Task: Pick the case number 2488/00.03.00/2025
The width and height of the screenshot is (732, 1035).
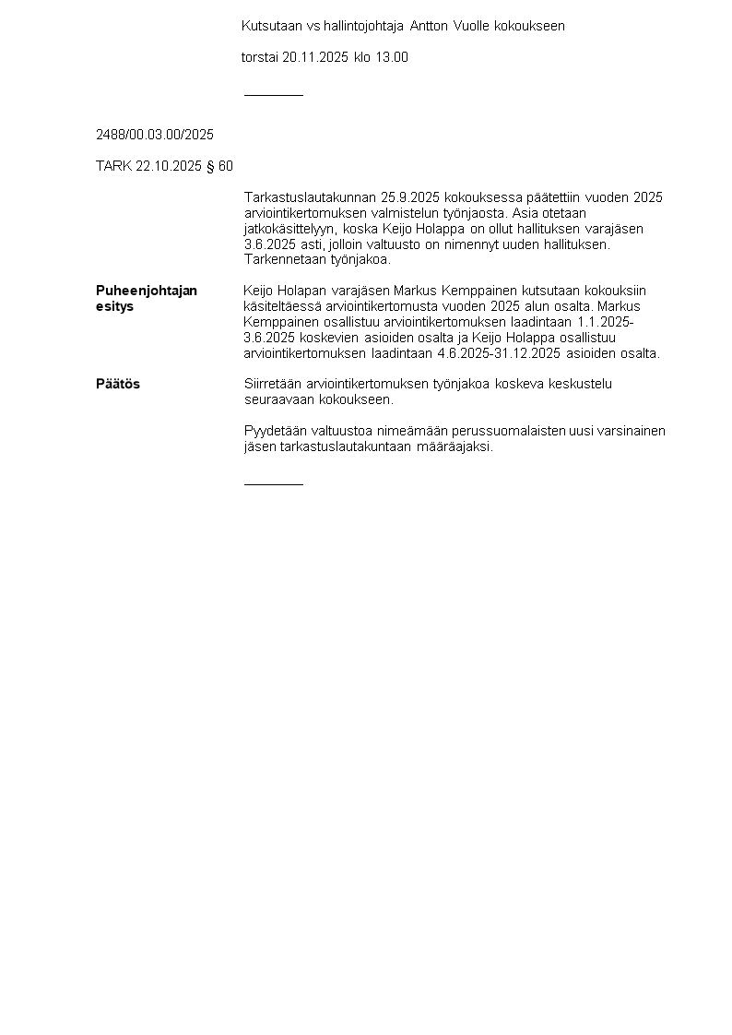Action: point(155,135)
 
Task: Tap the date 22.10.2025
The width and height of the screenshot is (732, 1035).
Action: point(168,166)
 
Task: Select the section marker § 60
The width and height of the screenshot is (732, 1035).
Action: point(219,166)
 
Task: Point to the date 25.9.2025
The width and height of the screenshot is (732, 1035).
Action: point(410,197)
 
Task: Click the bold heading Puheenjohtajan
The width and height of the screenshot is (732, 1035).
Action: point(147,291)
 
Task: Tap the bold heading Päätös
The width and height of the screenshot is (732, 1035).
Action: point(118,384)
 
